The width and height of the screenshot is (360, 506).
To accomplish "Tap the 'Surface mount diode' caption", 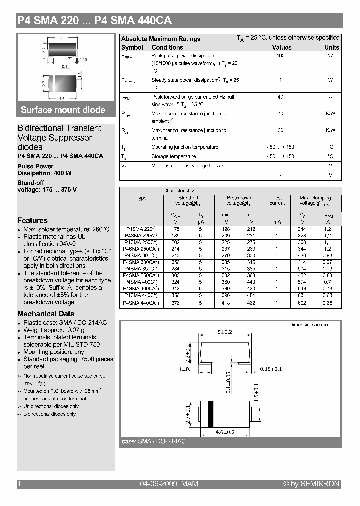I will click(x=63, y=110).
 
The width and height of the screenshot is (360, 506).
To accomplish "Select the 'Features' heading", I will click(x=33, y=220).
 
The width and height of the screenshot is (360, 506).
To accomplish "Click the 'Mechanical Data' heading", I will click(x=46, y=314).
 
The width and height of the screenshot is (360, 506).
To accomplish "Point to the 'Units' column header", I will click(x=331, y=47).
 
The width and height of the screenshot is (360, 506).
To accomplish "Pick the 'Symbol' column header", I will click(x=132, y=47).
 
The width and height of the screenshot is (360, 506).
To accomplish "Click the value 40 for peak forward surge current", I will click(x=280, y=97).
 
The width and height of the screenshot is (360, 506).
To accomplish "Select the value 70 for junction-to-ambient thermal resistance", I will click(x=280, y=114).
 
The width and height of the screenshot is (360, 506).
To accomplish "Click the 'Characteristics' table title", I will click(x=179, y=191).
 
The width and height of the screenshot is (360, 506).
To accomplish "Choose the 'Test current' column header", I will click(x=277, y=200).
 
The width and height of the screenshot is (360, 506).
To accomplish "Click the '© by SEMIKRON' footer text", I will click(x=311, y=484).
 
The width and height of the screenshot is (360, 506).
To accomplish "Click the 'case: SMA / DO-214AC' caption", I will click(x=154, y=442).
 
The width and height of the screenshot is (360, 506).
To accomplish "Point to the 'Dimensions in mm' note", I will click(x=309, y=325).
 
